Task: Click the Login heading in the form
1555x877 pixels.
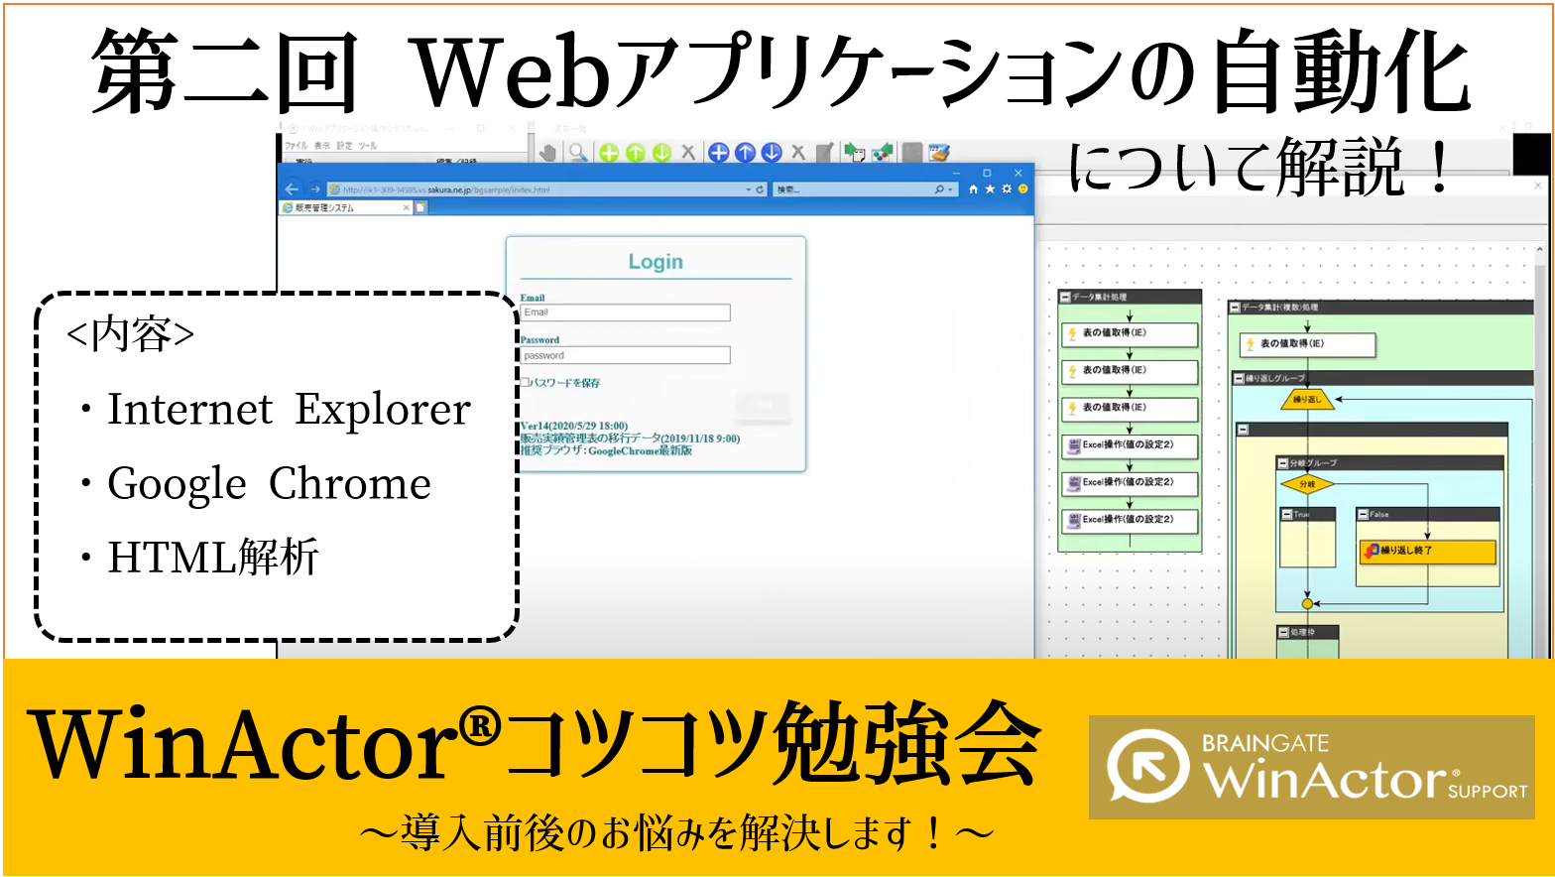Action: point(656,262)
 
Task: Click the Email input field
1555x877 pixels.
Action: point(626,313)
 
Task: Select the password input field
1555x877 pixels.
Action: point(626,355)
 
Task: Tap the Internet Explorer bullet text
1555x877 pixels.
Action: point(289,410)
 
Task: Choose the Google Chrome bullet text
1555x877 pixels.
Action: point(269,484)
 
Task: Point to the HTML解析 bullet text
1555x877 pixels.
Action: point(213,558)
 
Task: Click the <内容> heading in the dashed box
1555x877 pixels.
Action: point(130,334)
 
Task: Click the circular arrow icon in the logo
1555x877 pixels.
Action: point(1147,766)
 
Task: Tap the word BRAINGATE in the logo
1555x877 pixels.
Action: point(1264,743)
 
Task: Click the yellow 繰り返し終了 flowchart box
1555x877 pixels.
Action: point(1427,551)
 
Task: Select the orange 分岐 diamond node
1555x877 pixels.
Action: point(1307,484)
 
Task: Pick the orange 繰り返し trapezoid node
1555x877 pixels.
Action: point(1307,400)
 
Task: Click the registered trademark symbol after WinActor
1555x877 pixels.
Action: point(481,727)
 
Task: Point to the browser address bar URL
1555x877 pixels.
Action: point(446,189)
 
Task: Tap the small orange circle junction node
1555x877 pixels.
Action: point(1307,603)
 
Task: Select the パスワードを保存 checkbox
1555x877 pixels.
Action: point(526,382)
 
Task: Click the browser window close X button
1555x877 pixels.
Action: point(1017,173)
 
